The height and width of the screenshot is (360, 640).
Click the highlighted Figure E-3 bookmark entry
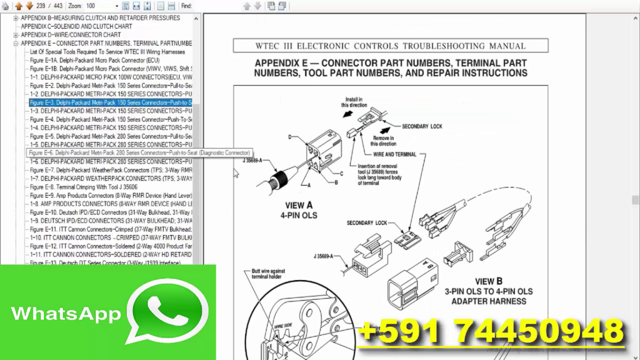tap(110, 102)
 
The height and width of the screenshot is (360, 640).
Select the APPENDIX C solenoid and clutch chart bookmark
tap(76, 27)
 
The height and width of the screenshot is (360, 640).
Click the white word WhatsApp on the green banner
tap(66, 313)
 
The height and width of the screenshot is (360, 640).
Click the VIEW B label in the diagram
tap(488, 282)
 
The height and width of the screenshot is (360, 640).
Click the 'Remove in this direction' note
tap(384, 141)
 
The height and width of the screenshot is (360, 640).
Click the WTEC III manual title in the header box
tap(391, 46)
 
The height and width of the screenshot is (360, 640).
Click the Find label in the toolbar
tap(187, 6)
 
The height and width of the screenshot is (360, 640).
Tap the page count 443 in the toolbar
tap(58, 6)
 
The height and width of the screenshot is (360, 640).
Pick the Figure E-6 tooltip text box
tap(139, 152)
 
